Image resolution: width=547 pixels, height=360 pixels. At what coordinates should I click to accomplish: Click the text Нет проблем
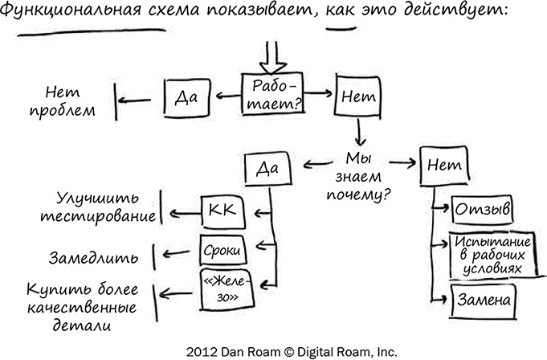click(66, 100)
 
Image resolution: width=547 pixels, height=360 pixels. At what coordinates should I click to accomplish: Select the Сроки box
click(221, 251)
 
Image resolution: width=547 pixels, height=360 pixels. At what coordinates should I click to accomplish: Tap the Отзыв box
click(483, 210)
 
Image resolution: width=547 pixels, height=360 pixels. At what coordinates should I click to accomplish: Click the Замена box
click(482, 300)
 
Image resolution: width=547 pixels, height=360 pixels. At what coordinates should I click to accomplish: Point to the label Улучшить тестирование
click(105, 207)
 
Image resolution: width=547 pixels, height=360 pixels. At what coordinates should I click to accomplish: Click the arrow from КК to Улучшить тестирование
click(182, 213)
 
